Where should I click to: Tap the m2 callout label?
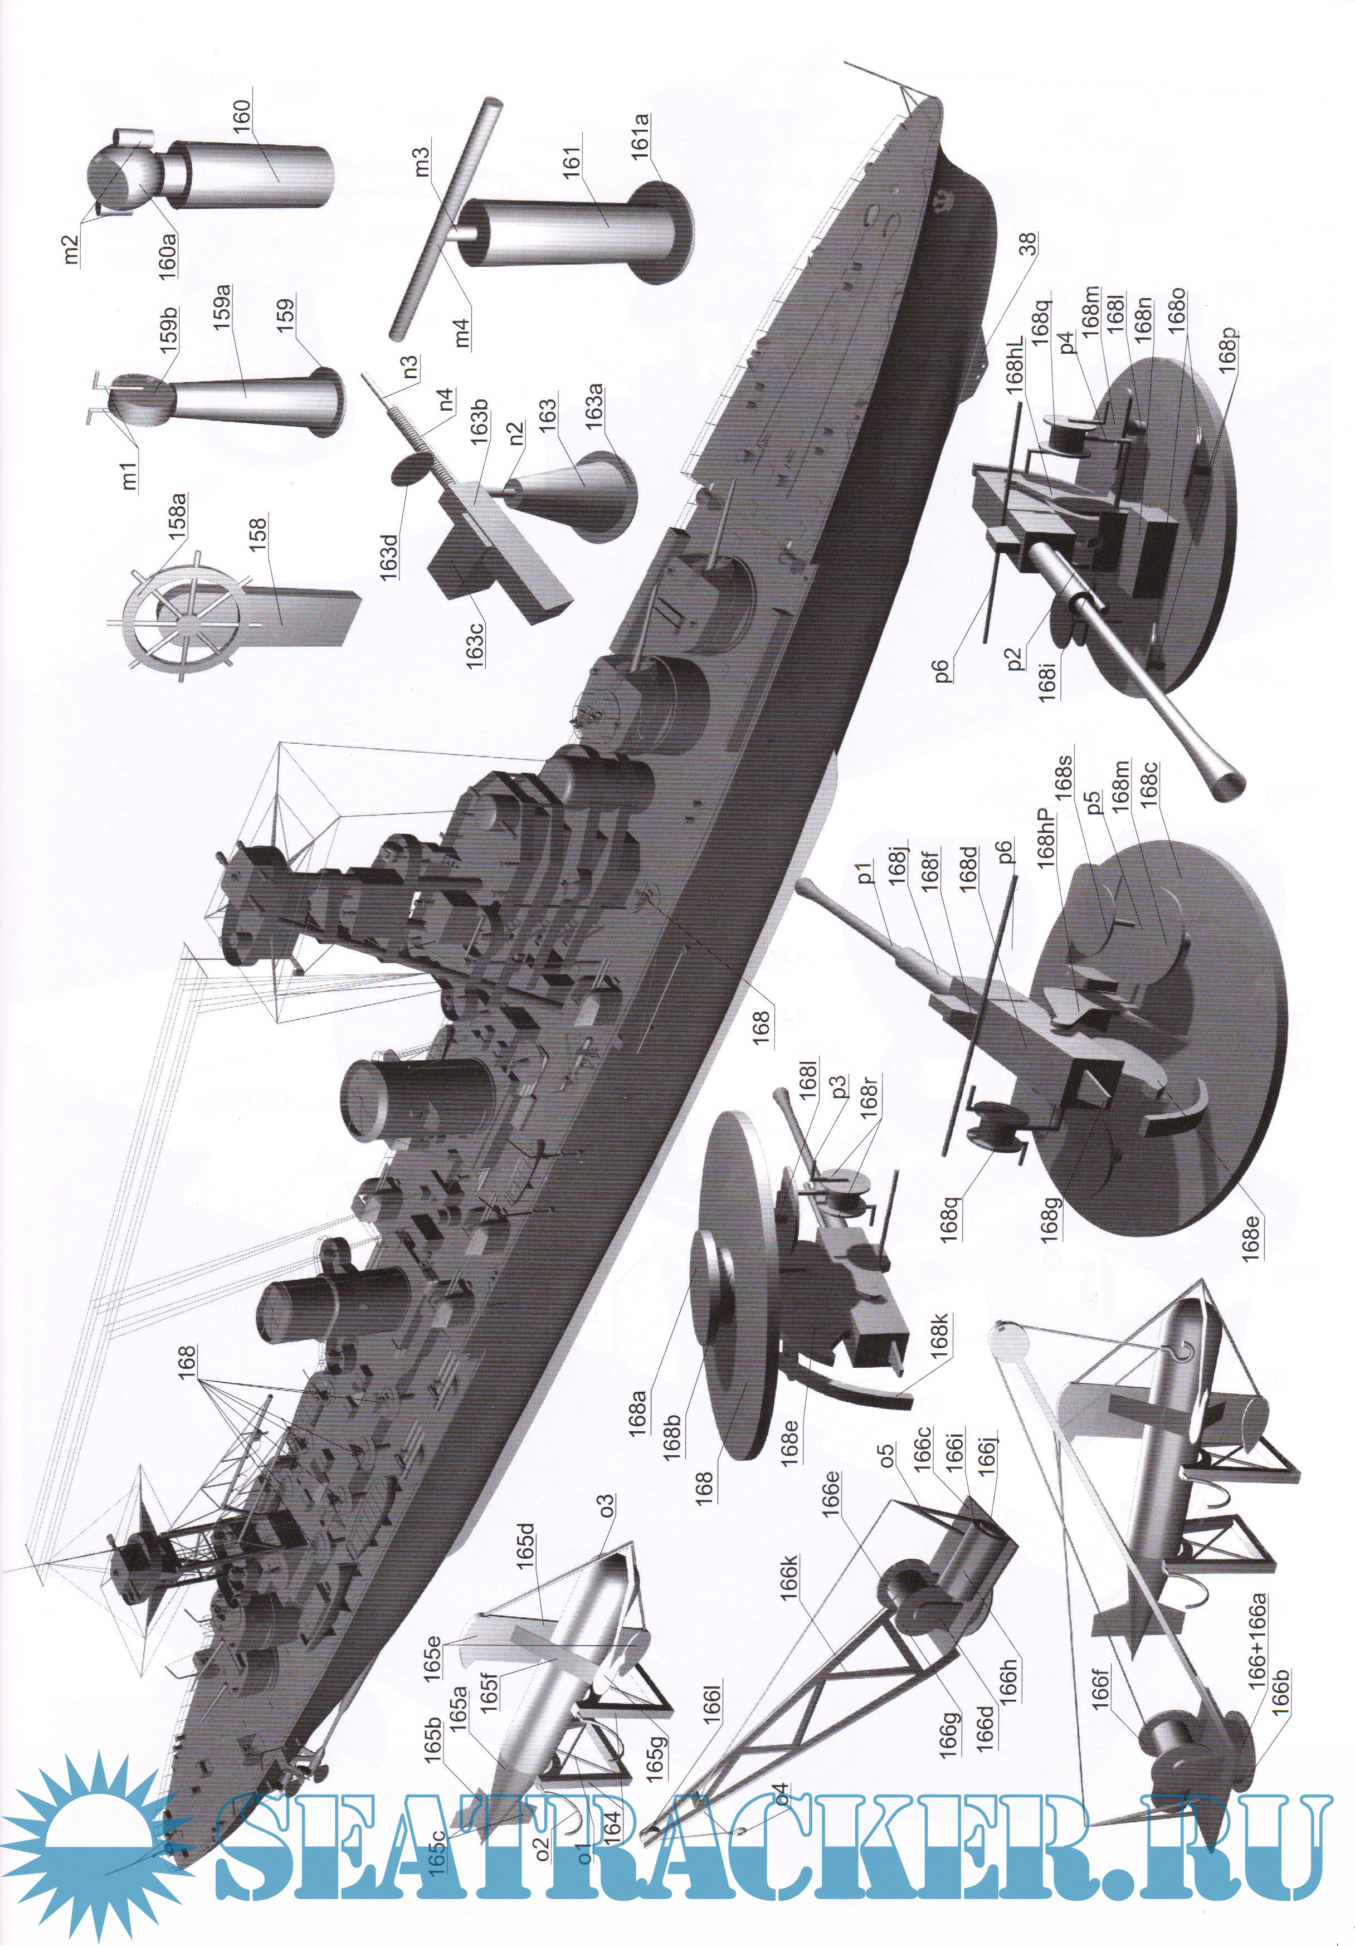[71, 243]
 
